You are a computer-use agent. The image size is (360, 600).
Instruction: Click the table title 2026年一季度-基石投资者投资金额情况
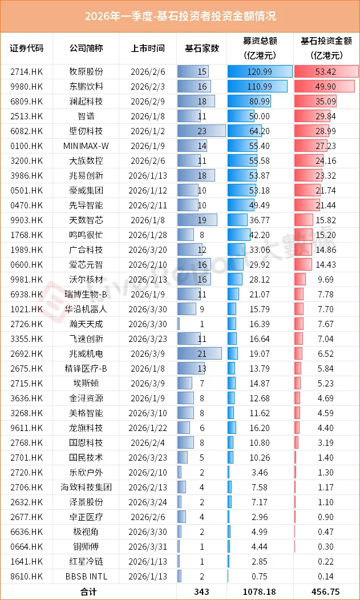pyautogui.click(x=180, y=15)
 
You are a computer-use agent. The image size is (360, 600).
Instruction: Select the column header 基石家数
pyautogui.click(x=202, y=49)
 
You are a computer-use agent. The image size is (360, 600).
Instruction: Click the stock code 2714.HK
pyautogui.click(x=27, y=71)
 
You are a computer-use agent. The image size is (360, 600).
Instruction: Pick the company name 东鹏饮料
pyautogui.click(x=86, y=86)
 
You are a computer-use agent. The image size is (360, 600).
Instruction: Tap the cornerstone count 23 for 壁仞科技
pyautogui.click(x=202, y=131)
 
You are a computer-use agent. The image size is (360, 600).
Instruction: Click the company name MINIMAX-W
pyautogui.click(x=86, y=146)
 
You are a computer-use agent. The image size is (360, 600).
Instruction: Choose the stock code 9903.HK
pyautogui.click(x=27, y=220)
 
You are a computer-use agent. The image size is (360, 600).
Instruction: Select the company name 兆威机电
pyautogui.click(x=86, y=353)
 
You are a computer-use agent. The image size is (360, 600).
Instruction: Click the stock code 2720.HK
pyautogui.click(x=27, y=472)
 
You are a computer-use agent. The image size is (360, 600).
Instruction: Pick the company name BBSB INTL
pyautogui.click(x=86, y=576)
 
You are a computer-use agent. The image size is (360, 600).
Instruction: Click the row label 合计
pyautogui.click(x=86, y=591)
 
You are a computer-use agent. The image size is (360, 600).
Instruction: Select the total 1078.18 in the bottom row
pyautogui.click(x=260, y=591)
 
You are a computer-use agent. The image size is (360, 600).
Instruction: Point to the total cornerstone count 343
pyautogui.click(x=202, y=591)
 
